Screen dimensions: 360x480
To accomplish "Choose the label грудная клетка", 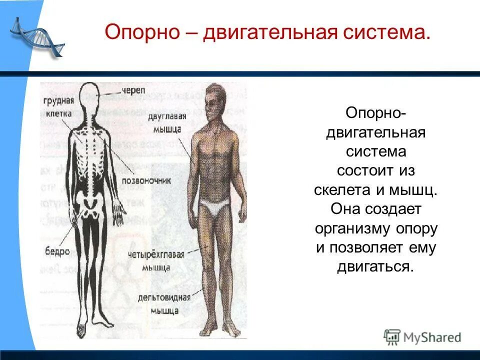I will click(57, 107).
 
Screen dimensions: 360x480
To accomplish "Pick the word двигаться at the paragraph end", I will click(375, 266).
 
